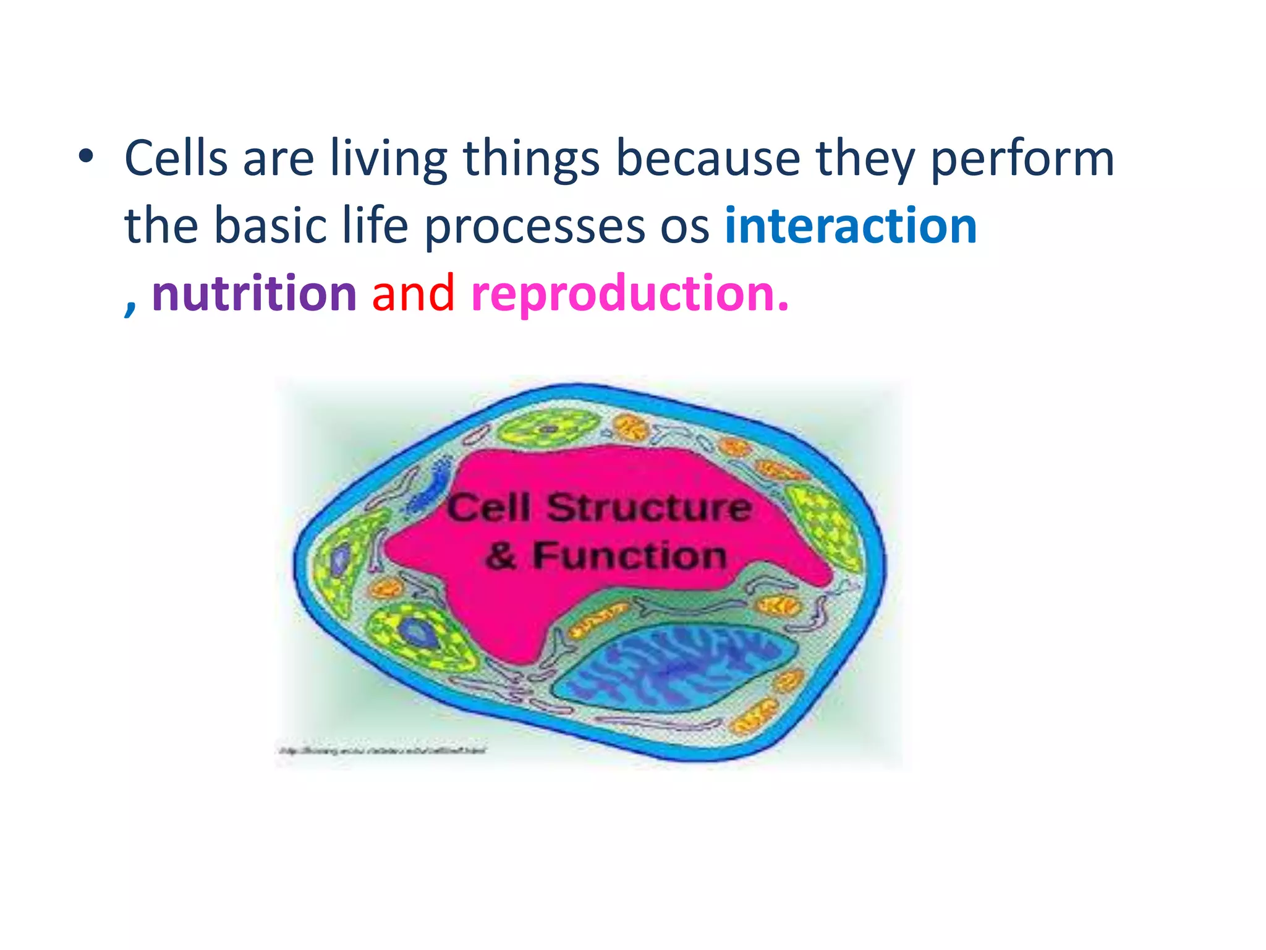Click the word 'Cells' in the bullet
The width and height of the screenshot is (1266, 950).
[x=176, y=159]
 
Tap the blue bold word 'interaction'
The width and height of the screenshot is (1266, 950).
[x=851, y=226]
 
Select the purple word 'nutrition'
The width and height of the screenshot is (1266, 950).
[x=254, y=293]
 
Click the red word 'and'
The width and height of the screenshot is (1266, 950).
[x=413, y=293]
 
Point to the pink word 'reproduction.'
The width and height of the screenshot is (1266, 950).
[x=629, y=293]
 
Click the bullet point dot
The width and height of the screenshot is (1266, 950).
[x=86, y=157]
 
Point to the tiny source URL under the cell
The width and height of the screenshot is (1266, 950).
[x=382, y=751]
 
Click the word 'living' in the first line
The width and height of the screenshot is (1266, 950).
[x=388, y=159]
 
